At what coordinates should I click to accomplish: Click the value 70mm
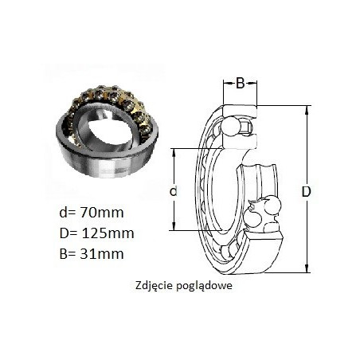[102, 213]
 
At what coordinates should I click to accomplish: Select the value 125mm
[108, 233]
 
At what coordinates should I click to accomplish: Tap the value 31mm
[102, 253]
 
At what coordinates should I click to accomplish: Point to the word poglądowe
[203, 286]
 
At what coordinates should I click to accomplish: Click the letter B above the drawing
[240, 84]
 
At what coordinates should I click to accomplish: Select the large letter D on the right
[306, 191]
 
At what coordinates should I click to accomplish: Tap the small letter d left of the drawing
[174, 191]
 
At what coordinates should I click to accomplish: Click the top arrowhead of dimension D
[307, 109]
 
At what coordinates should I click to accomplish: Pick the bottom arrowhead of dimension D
[307, 268]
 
